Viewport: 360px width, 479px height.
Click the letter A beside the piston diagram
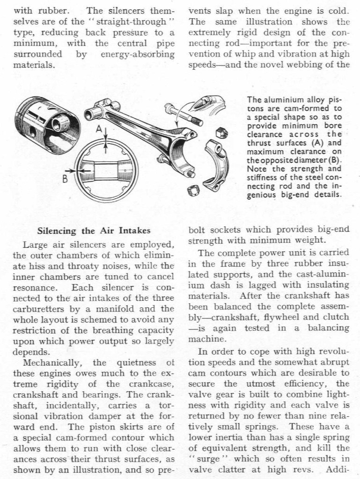coord(99,129)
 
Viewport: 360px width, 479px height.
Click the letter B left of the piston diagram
coord(65,179)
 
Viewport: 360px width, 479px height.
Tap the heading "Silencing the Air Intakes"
coord(94,230)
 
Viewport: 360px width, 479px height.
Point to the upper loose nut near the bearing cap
coord(220,132)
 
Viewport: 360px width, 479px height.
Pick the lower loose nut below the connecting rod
coord(193,191)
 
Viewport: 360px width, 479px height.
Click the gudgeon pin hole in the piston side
coord(33,131)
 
